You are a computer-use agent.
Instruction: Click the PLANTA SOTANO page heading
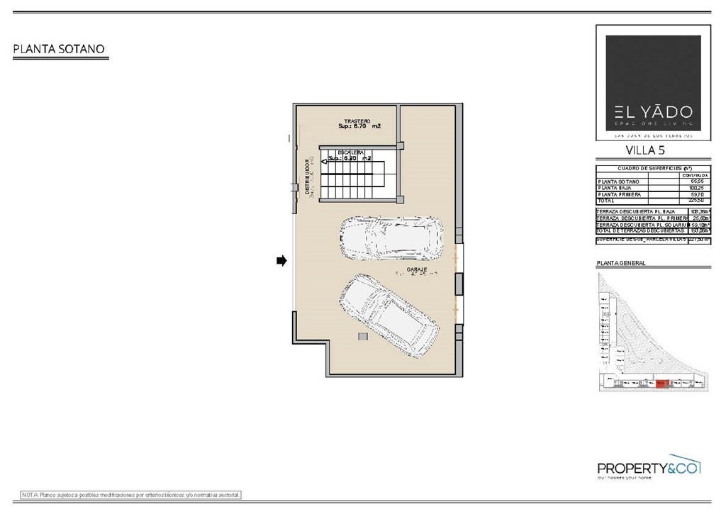[60, 49]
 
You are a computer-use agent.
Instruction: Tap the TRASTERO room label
[358, 121]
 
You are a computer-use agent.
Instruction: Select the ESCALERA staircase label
[351, 152]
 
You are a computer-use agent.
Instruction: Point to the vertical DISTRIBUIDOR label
[307, 177]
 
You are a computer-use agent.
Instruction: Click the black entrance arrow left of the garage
[281, 261]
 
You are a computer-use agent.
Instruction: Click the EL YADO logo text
[644, 112]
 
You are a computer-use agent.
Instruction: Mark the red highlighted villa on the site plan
[662, 383]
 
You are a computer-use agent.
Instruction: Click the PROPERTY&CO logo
[648, 468]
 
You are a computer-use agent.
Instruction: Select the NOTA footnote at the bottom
[131, 494]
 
